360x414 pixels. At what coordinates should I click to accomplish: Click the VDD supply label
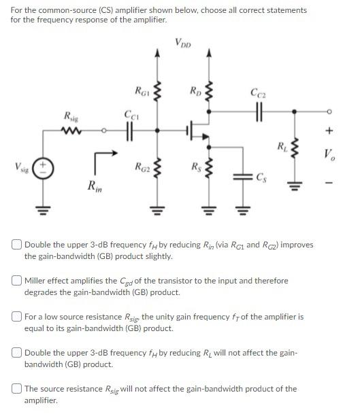click(183, 44)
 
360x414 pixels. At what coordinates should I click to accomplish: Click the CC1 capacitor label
click(130, 115)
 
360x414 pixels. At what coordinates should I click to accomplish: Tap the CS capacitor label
click(263, 178)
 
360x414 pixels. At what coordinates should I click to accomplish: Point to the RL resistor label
click(281, 145)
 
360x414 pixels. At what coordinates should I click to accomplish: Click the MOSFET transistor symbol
click(198, 130)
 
